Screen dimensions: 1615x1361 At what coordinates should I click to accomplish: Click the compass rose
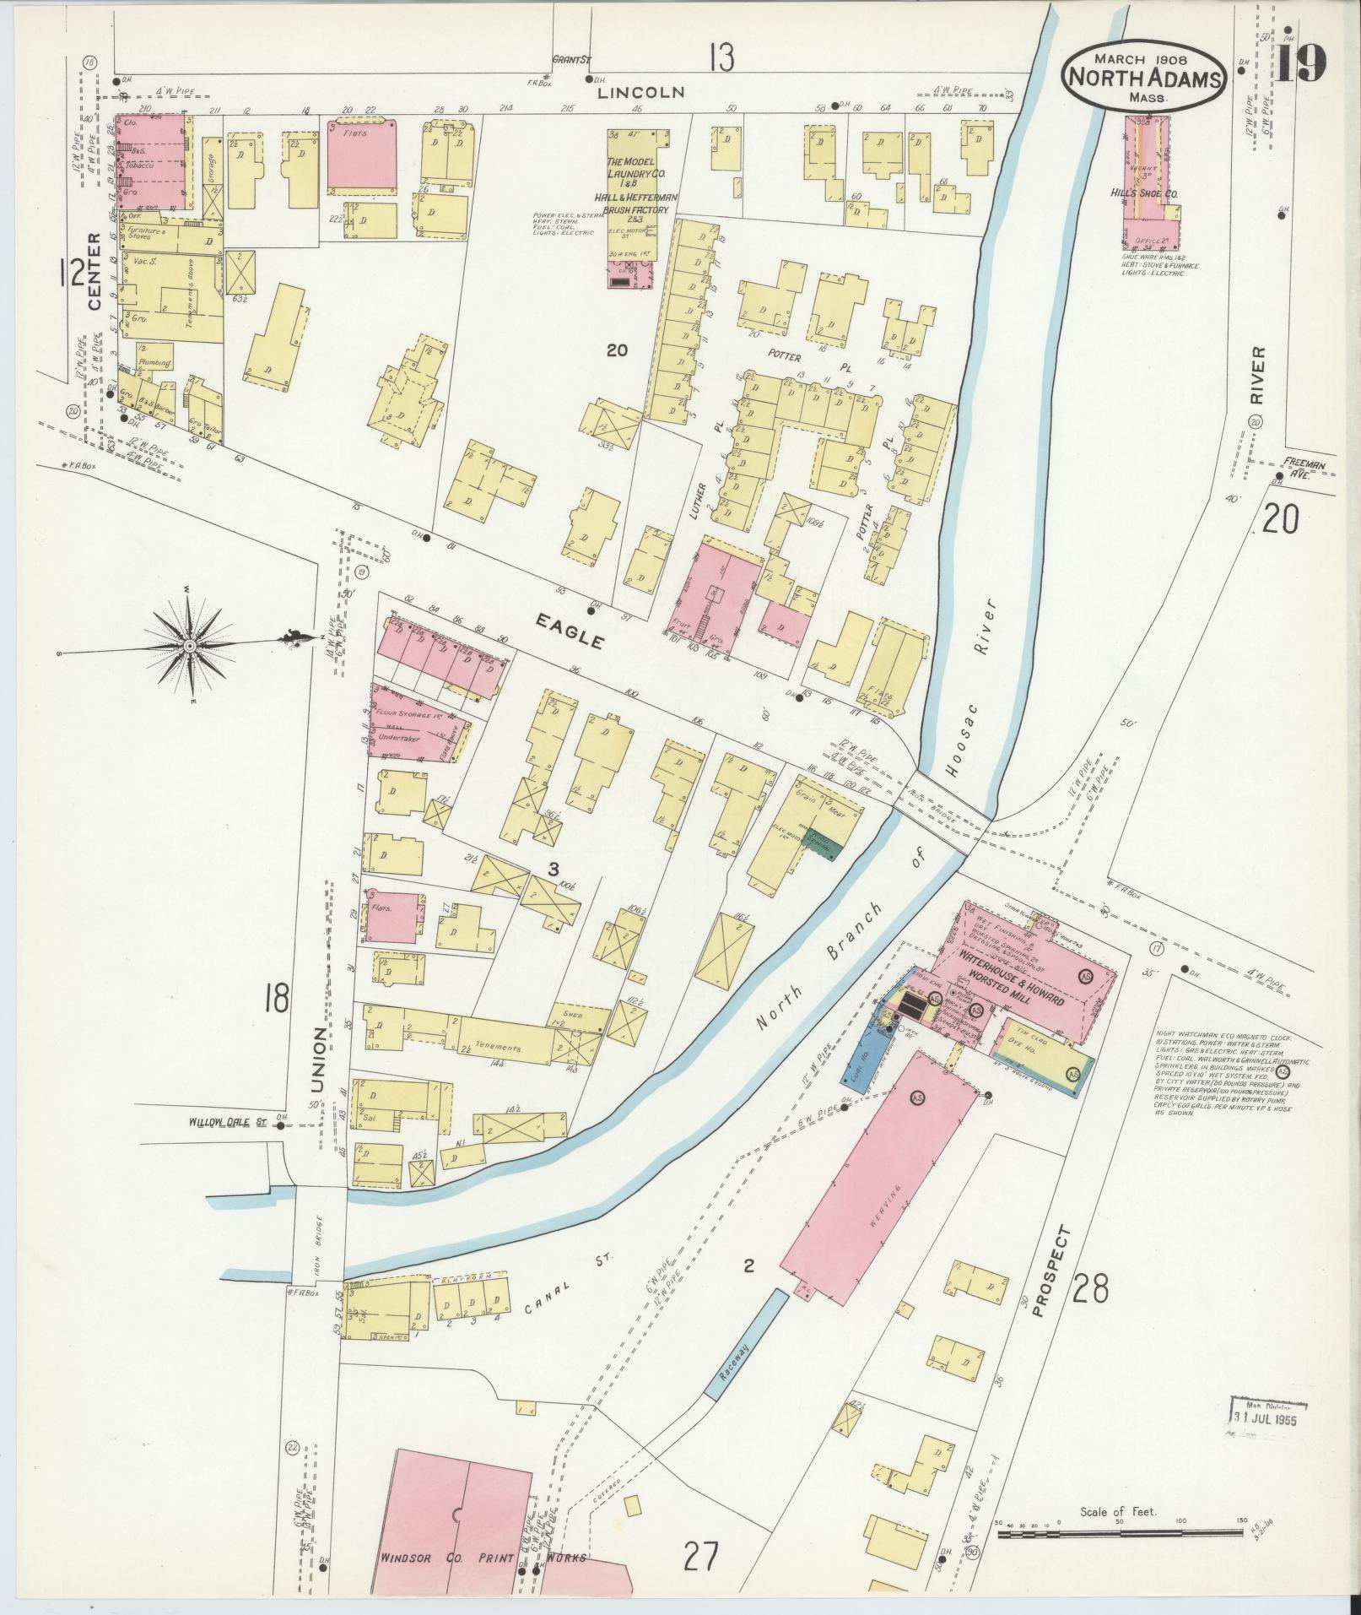[x=190, y=646]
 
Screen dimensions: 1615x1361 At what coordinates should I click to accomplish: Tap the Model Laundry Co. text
[x=639, y=173]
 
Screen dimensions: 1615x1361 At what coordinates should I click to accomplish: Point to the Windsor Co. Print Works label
[x=482, y=1558]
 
